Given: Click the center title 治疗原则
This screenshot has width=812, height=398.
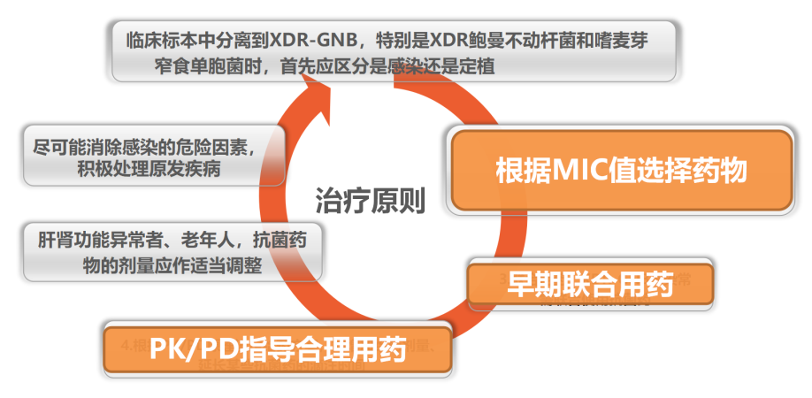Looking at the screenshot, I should coord(371,203).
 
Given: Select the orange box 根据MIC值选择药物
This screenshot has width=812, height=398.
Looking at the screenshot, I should coord(622,169).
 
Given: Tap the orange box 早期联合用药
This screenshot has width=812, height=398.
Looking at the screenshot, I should coord(589,283).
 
